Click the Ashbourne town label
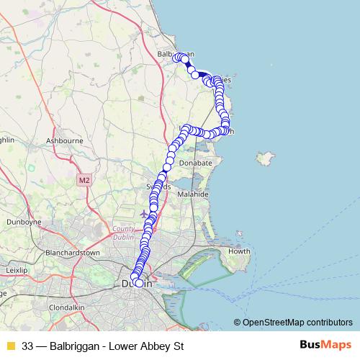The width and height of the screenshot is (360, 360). coord(64,140)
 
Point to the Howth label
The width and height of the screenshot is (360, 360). coord(239,251)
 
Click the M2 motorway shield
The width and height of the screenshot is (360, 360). coord(85,179)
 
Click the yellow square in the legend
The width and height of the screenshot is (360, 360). coord(11,346)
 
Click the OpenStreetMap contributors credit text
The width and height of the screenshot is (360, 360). coord(297,323)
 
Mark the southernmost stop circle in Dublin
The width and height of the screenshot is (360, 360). coord(139,282)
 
